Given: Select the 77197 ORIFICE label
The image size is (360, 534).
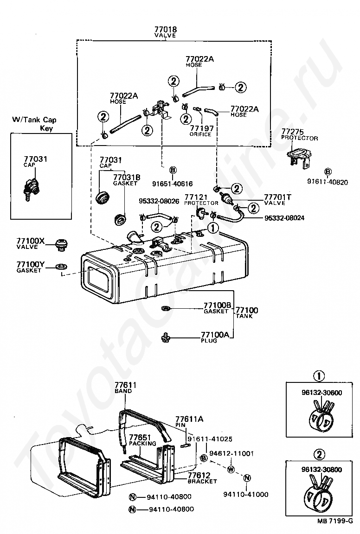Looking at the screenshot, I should [200, 131].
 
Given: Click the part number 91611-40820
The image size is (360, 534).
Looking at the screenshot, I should [327, 182].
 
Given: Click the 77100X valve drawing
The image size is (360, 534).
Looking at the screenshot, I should [60, 244].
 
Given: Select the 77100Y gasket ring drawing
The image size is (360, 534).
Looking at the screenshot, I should [60, 267].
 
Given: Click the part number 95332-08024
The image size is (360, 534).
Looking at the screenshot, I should [284, 217].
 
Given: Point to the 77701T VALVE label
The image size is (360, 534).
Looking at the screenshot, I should [277, 199].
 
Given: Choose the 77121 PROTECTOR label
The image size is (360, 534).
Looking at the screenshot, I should [201, 199].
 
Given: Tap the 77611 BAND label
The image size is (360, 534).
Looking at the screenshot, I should [123, 388].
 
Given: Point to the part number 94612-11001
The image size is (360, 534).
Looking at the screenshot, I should [231, 454].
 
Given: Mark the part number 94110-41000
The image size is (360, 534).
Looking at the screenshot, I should [246, 494].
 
